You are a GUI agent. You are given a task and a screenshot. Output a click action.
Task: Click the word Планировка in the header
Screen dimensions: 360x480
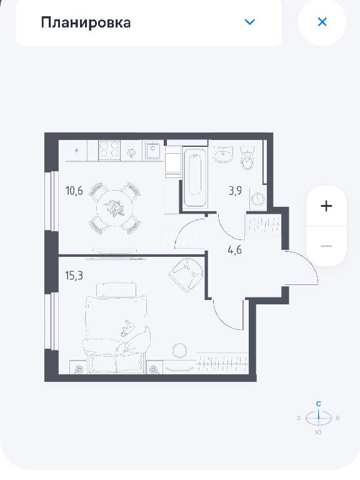pos(86,22)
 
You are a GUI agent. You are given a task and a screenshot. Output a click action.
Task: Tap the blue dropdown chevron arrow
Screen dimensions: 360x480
pos(250,22)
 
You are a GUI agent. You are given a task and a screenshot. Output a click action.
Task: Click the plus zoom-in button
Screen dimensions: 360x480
pos(326,206)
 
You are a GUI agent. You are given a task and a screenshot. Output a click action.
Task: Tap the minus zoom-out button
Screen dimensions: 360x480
pos(326,246)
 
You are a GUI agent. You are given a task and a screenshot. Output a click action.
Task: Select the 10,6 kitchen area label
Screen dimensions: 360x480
pos(74,191)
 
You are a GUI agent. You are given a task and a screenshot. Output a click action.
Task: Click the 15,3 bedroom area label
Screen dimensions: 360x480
pos(74,276)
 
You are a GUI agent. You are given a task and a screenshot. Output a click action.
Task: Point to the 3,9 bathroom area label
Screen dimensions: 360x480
pos(235,191)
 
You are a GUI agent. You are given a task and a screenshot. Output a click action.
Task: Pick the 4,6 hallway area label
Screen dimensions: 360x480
pos(235,250)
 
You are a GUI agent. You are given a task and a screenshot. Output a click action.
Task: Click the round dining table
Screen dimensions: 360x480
pos(115,208)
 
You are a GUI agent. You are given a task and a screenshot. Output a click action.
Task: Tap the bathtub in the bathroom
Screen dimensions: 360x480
pos(195,177)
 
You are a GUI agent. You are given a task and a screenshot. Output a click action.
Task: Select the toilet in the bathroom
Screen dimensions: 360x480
pos(247,158)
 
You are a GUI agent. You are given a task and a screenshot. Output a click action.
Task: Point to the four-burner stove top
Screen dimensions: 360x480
pos(109,151)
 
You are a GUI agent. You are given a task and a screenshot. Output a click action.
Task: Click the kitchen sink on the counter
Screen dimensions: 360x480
pos(152,150)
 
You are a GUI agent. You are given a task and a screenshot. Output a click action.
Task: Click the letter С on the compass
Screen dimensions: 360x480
pos(319,404)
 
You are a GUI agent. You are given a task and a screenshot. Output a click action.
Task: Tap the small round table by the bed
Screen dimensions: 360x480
pos(179,350)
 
